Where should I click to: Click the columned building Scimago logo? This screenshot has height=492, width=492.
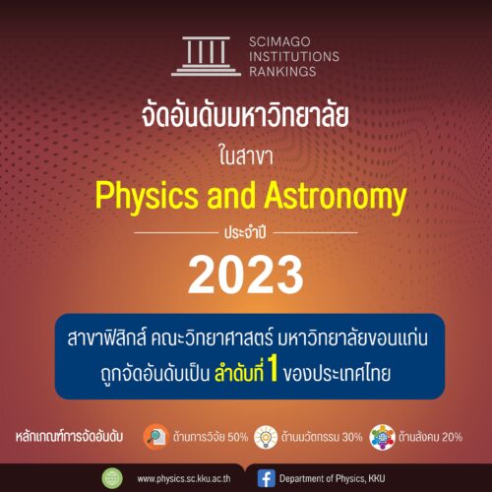pos(206,56)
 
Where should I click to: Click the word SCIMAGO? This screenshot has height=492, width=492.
pos(279,41)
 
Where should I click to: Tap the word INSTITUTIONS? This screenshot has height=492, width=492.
pos(294,56)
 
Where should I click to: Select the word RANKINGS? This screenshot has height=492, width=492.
pos(282,71)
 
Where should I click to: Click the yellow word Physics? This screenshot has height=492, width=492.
pos(147,196)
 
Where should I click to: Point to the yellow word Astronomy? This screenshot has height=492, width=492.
pos(336,196)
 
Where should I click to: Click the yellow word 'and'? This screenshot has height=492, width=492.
pos(231,195)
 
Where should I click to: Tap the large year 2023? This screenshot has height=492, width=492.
pos(246,275)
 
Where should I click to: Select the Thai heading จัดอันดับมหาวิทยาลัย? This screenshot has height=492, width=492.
pos(245,115)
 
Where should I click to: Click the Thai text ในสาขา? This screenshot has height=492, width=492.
pos(246,156)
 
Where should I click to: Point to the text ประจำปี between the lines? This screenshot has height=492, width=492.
pos(245,232)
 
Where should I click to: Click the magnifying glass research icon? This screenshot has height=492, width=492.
pos(156,437)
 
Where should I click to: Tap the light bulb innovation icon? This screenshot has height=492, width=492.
pos(266,437)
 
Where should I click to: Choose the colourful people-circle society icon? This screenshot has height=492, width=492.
pos(382,437)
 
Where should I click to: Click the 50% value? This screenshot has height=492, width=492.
pos(238,437)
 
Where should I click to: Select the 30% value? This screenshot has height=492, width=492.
pos(352,437)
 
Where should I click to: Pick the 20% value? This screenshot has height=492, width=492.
pos(452,437)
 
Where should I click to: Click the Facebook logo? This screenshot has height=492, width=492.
pos(266,478)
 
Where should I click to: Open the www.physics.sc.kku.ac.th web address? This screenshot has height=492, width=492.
pos(184,479)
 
